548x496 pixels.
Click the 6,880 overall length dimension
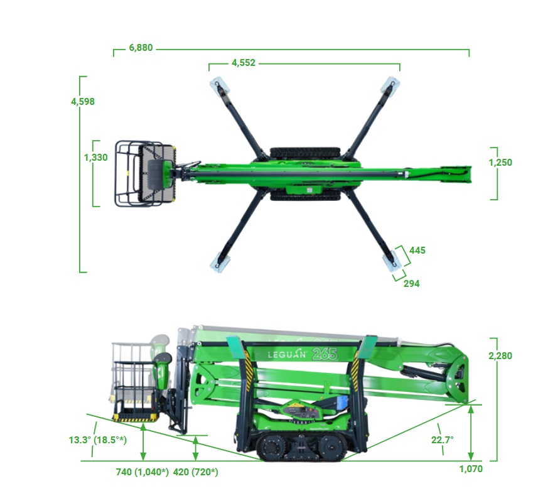141,48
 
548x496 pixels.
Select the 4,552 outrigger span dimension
244,63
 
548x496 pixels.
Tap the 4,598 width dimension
83,102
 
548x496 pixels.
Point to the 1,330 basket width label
96,158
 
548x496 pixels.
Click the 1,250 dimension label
500,163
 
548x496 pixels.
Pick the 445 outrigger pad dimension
417,251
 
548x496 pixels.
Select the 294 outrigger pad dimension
411,284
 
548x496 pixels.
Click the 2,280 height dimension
500,356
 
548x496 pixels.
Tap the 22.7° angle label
442,439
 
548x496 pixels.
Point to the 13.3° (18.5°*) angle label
98,439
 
